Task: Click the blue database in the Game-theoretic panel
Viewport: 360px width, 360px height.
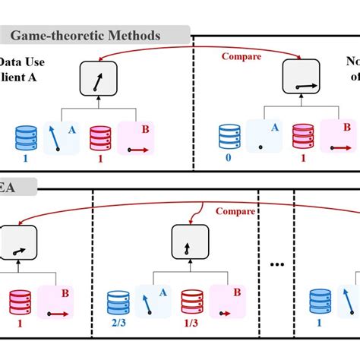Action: point(26,137)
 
